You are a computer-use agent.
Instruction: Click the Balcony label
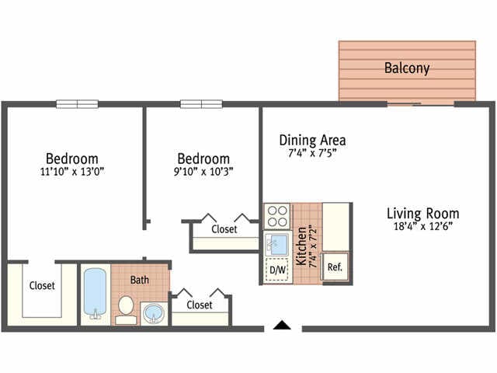coord(407,68)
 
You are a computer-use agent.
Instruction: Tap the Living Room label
coord(423,213)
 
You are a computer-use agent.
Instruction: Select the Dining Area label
coord(312,141)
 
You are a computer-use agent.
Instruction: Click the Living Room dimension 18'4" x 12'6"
coord(423,226)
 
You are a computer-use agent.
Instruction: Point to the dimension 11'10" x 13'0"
coord(71,171)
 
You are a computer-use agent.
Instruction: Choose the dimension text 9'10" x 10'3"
coord(203,171)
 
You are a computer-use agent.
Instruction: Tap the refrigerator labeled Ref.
coord(335,267)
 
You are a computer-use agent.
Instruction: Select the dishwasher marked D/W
coord(276,270)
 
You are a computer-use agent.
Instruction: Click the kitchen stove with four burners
coord(276,215)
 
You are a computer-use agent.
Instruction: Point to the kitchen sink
coord(276,244)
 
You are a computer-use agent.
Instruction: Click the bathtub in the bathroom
coord(95,295)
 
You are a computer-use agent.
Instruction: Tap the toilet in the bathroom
coord(124,309)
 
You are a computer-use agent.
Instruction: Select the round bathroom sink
coord(153,313)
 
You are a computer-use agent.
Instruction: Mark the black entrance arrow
coord(282,325)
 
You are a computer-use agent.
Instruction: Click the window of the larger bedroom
coord(77,103)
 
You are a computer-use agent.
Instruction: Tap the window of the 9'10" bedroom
coord(201,103)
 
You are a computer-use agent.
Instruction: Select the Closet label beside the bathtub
coord(42,285)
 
